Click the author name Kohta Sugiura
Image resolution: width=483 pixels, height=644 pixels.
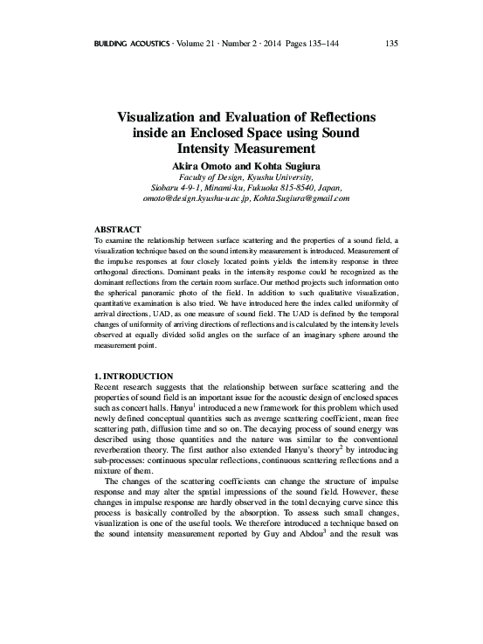pyautogui.click(x=280, y=165)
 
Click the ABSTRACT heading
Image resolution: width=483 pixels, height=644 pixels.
pyautogui.click(x=117, y=229)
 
